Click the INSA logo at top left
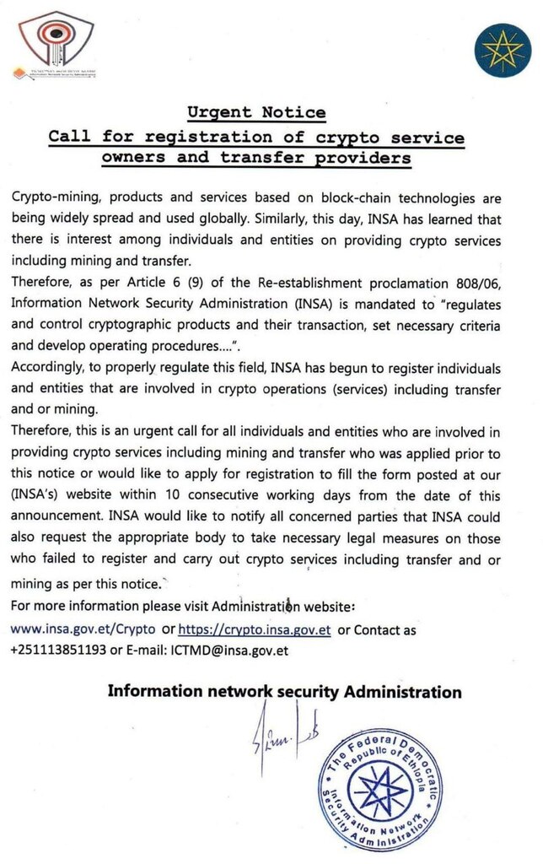point(56,44)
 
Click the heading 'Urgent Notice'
point(256,112)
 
